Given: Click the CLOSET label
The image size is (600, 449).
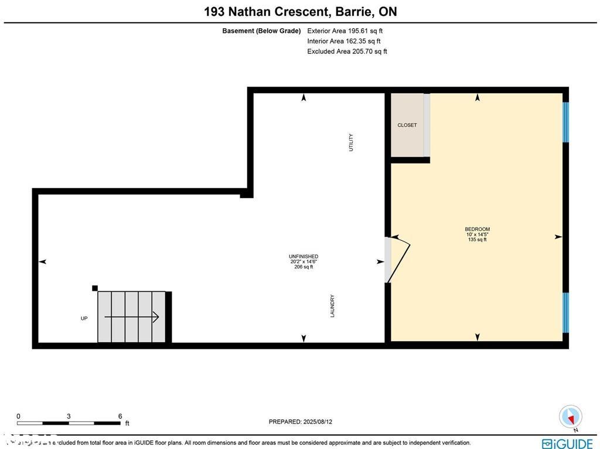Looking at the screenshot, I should coord(407,125).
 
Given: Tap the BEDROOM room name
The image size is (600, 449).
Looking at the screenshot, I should coord(477,229).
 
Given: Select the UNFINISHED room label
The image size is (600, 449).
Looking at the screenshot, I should coord(304,257).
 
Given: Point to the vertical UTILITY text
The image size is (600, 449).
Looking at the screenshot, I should coord(351,142).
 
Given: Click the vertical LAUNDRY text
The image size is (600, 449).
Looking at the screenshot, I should coord(332,306).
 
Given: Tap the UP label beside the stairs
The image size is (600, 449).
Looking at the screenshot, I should coord(84,318).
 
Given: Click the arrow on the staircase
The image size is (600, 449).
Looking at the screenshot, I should coord(132,317).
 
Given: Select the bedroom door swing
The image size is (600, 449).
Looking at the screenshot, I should coord(398,258).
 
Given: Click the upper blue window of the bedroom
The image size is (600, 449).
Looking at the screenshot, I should coord(565,123).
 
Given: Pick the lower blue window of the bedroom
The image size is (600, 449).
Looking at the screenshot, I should coord(565,312).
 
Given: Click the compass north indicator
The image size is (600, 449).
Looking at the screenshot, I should coord(571,417).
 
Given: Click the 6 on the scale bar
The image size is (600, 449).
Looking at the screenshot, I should coord(120,416).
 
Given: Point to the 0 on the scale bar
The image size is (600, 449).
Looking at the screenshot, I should coord(18,416).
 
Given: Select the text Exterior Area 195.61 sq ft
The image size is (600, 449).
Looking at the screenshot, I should coord(345,30).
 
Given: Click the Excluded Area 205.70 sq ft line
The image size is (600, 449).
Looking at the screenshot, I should coord(347,52).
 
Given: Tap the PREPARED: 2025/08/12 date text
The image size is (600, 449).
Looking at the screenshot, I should coord(301,421).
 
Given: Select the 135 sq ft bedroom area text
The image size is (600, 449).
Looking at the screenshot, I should coord(477,240).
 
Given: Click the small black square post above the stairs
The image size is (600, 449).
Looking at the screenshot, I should coord(94,288).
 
